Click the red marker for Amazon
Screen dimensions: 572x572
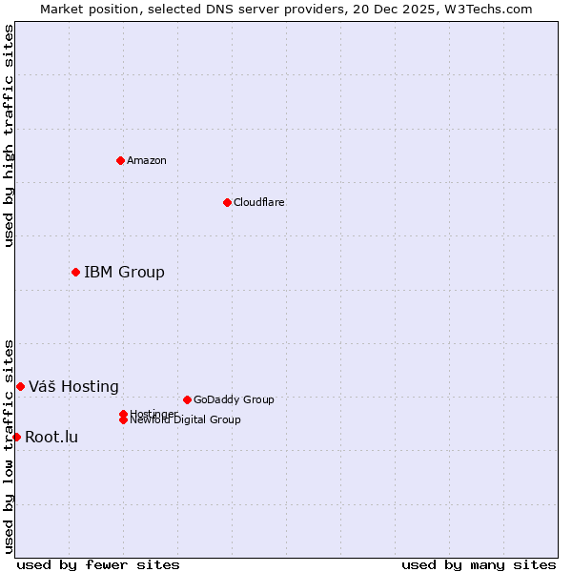[120, 160]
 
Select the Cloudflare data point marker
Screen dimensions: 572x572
[227, 202]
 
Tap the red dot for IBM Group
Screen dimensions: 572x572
[75, 273]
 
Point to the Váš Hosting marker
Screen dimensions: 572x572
[20, 386]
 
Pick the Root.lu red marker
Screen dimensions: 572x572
[16, 437]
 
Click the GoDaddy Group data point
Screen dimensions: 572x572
[187, 399]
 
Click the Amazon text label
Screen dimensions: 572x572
[147, 160]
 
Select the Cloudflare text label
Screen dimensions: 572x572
[258, 202]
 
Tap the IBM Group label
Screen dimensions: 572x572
[124, 273]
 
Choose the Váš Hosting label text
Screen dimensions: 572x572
[73, 386]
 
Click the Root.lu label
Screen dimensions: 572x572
[51, 437]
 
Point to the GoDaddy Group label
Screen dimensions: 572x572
[234, 399]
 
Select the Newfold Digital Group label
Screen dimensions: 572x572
[185, 419]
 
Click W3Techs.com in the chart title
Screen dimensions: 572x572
[484, 9]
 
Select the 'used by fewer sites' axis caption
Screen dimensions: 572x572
[98, 564]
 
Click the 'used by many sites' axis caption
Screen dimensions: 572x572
[479, 564]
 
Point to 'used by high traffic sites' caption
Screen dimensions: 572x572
[9, 135]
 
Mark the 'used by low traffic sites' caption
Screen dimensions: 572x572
[9, 445]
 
